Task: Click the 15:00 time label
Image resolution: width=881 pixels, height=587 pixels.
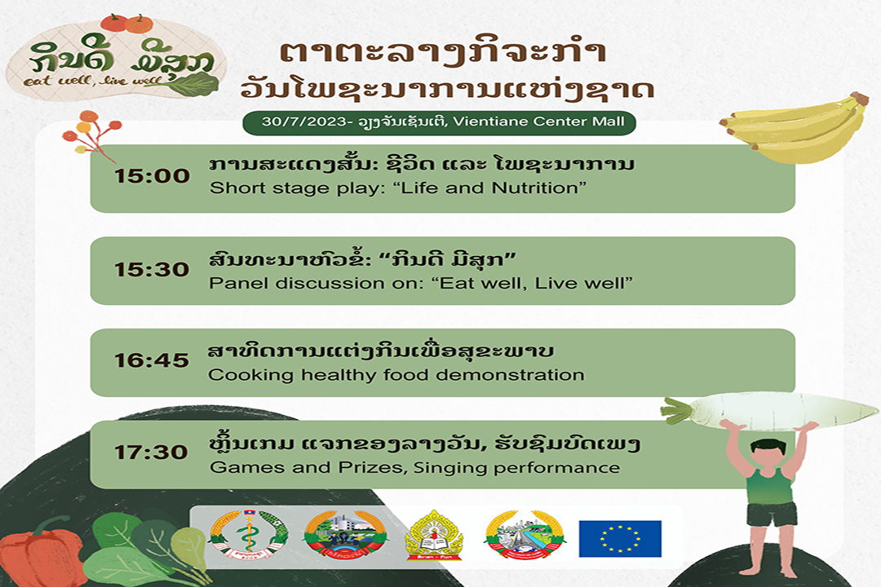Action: (x=153, y=176)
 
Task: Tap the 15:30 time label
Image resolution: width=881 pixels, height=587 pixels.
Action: (x=152, y=270)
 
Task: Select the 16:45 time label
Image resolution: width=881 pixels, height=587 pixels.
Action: (x=152, y=360)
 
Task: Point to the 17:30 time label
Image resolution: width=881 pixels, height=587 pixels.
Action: (x=151, y=452)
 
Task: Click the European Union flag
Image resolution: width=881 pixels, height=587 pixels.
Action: (x=620, y=539)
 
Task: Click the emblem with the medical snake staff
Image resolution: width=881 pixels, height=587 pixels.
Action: (x=248, y=535)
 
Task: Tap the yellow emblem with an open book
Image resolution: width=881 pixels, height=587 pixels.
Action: (x=434, y=536)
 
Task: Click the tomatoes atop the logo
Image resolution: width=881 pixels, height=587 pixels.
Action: (x=127, y=23)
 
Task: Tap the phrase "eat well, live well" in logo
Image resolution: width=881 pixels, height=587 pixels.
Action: (x=93, y=82)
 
